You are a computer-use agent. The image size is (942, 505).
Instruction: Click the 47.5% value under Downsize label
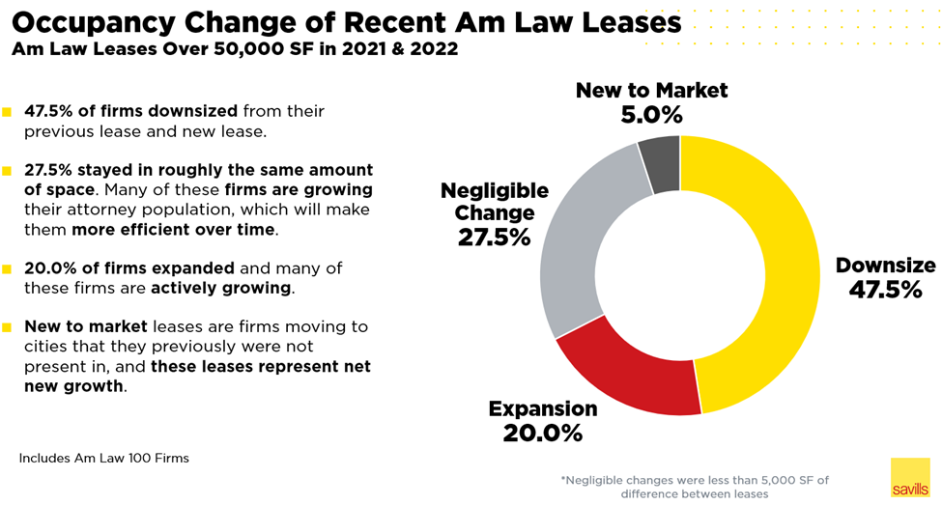[885, 289]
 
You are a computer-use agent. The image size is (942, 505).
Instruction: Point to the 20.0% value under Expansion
[542, 433]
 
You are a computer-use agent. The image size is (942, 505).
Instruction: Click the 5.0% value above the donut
[651, 115]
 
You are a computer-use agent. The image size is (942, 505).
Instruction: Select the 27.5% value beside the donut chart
[494, 237]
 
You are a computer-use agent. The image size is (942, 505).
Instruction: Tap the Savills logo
[909, 477]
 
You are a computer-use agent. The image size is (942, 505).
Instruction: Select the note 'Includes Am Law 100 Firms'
[103, 458]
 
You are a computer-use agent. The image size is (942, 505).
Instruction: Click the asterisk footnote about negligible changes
[694, 486]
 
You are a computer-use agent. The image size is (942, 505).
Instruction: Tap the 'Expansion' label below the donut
[542, 407]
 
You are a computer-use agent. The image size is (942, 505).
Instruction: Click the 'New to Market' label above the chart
[651, 91]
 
